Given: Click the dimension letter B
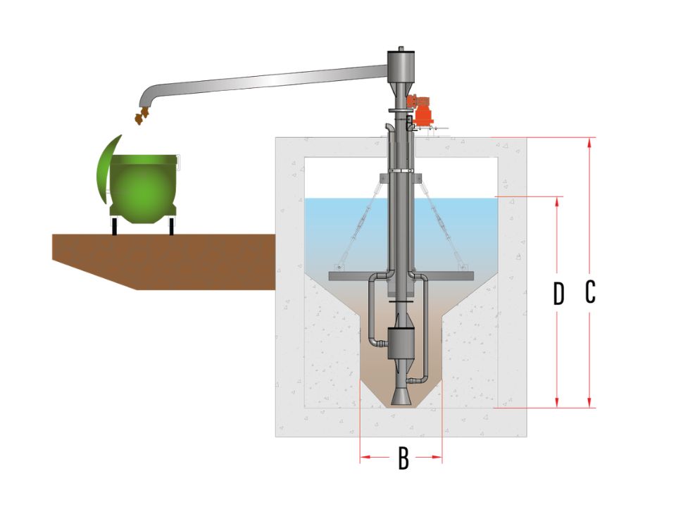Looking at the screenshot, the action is pos(403,458).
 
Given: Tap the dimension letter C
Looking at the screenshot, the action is pos(590,292).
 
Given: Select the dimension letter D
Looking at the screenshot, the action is pos(558,294).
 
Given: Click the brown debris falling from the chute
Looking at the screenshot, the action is pos(141,116).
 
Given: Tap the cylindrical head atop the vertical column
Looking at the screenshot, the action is pos(401,65).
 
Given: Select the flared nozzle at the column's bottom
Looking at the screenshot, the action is pos(401,396).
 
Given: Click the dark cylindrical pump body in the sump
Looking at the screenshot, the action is pos(401,343).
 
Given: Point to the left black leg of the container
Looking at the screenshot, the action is pos(114,226).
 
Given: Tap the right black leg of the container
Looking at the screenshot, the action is pos(171,226).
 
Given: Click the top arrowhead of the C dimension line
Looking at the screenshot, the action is pos(590,143).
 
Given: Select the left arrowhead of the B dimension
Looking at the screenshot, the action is pos(365,457).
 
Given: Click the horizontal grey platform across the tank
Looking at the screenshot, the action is pos(401,276).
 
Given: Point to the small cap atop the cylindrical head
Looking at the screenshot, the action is pos(401,49).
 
